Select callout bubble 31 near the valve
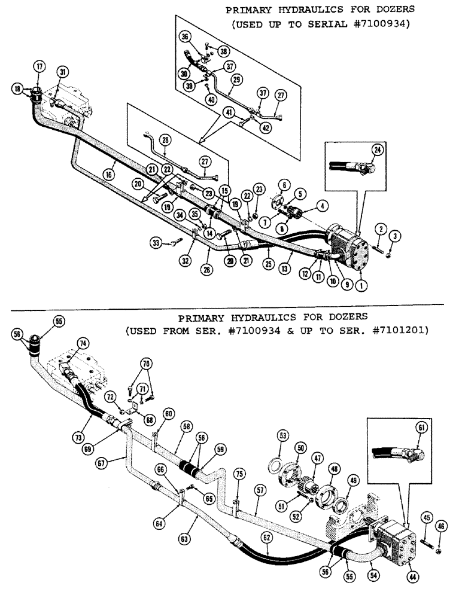[62, 71]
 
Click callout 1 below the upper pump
[360, 286]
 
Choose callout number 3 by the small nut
[388, 237]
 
